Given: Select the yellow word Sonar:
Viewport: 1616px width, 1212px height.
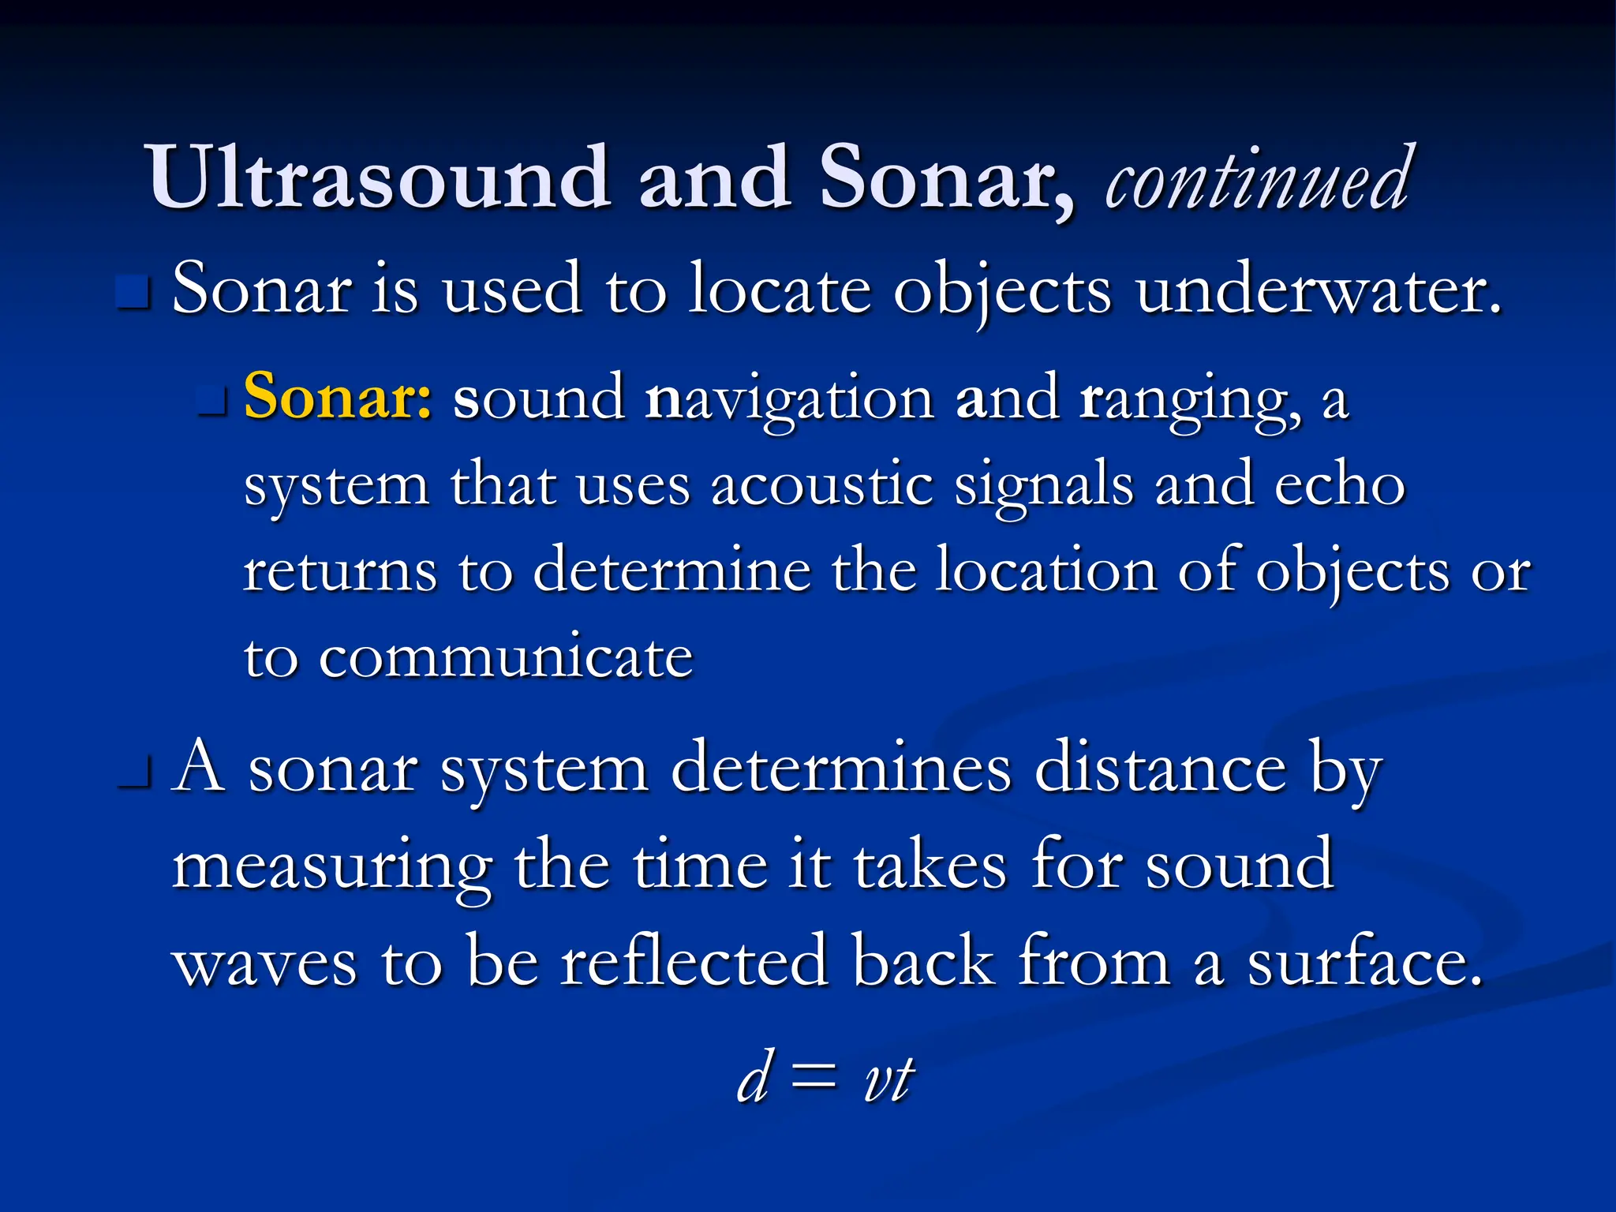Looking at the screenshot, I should click(338, 396).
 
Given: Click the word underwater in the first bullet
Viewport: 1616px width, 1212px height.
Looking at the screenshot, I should click(1318, 289).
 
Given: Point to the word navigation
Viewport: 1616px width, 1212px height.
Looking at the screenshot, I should click(789, 399).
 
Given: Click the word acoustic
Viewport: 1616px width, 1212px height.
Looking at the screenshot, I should click(821, 484).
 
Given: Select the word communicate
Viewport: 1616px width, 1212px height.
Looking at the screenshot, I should click(505, 656).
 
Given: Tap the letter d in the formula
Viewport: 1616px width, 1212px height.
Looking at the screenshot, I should click(754, 1078).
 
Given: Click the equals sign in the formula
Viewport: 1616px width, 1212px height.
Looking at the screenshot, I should click(813, 1078).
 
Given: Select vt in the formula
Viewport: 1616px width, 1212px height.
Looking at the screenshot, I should click(888, 1078).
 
